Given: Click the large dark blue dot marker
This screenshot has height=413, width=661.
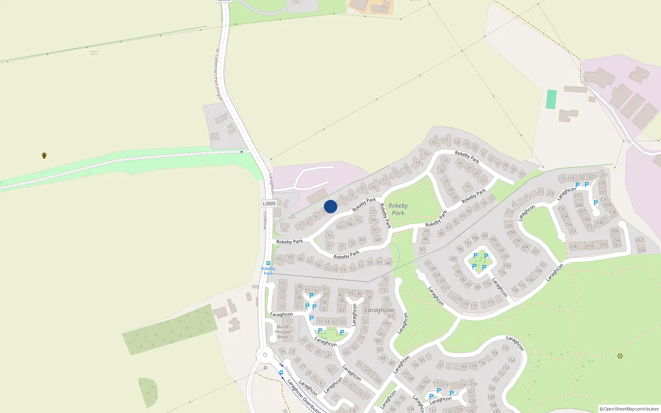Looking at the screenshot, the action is pyautogui.click(x=330, y=206).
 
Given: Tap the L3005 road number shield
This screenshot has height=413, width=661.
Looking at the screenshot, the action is pyautogui.click(x=269, y=204).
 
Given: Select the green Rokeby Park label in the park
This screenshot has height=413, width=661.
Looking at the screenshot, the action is pyautogui.click(x=398, y=209).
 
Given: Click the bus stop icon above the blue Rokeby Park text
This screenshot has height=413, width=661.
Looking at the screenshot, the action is pyautogui.click(x=268, y=263).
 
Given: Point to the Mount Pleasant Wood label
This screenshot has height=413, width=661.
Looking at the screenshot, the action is pyautogui.click(x=283, y=332).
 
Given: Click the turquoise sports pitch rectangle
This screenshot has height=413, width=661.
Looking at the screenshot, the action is pyautogui.click(x=551, y=99).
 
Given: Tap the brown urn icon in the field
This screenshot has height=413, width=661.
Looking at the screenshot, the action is pyautogui.click(x=44, y=156).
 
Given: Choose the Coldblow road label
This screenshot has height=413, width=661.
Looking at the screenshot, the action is pyautogui.click(x=265, y=221).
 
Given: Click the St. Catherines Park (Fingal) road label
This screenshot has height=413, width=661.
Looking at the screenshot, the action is pyautogui.click(x=219, y=74).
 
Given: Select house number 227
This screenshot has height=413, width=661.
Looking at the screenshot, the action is pyautogui.click(x=604, y=175).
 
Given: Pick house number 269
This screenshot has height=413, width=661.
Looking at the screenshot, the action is pyautogui.click(x=642, y=250).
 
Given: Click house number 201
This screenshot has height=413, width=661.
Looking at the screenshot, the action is pyautogui.click(x=543, y=265).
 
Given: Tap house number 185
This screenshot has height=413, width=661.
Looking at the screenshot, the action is pyautogui.click(x=453, y=259).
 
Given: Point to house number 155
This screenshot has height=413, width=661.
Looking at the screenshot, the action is pyautogui.click(x=506, y=348).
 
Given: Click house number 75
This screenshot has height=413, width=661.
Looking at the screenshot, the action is pyautogui.click(x=283, y=284).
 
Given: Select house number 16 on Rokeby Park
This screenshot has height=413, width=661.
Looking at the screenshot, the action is pyautogui.click(x=434, y=142).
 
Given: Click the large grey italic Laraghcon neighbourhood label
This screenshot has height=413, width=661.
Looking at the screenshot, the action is pyautogui.click(x=379, y=310).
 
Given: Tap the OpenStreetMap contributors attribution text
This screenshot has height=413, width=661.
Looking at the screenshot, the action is pyautogui.click(x=629, y=409).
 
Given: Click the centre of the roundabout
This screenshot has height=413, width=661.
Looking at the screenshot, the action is pyautogui.click(x=265, y=354).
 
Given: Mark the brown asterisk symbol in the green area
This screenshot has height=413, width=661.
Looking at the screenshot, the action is pyautogui.click(x=620, y=356).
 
